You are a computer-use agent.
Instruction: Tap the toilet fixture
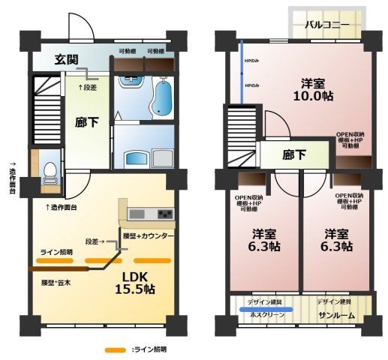[x=50, y=172]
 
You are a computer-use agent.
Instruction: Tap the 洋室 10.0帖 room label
[x=313, y=89]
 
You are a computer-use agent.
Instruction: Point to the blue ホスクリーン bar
[x=266, y=308]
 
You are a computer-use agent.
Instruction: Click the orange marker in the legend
[x=115, y=349]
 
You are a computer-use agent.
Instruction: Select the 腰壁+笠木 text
[x=56, y=283]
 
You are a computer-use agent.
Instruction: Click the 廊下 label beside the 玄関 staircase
[x=85, y=124]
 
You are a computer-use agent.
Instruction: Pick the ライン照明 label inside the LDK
[x=56, y=251]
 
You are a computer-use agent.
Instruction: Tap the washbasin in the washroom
[x=137, y=158]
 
